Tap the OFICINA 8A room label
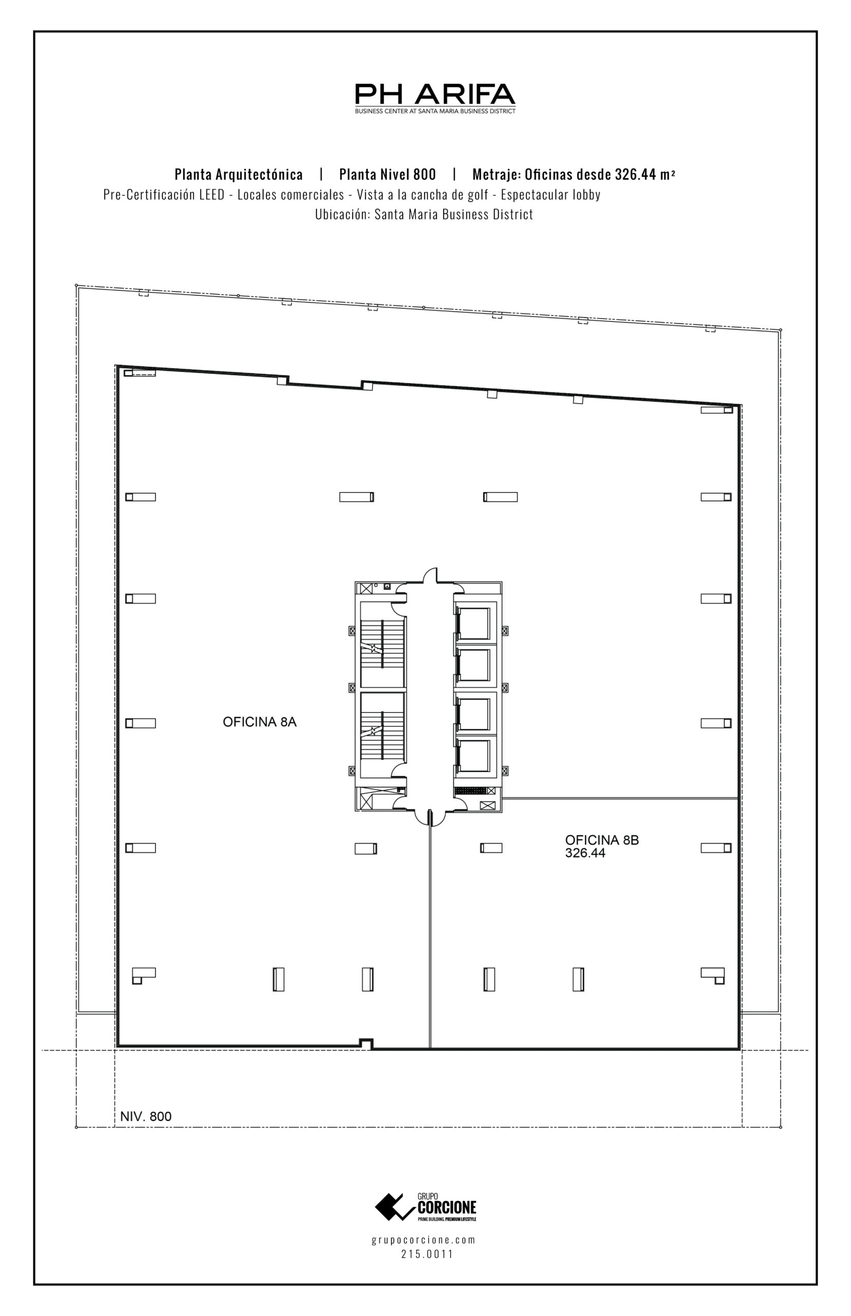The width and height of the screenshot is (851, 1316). (x=260, y=722)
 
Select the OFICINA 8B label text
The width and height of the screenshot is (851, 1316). (x=602, y=840)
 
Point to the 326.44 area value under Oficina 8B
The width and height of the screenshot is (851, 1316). (x=585, y=853)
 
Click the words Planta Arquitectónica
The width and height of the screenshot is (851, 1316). (x=239, y=175)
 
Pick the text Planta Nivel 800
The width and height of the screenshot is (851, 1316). (x=387, y=175)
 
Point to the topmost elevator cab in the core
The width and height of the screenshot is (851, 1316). (x=474, y=624)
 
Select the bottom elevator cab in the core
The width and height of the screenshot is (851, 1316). (x=474, y=756)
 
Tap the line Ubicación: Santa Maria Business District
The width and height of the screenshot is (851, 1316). (x=424, y=214)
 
